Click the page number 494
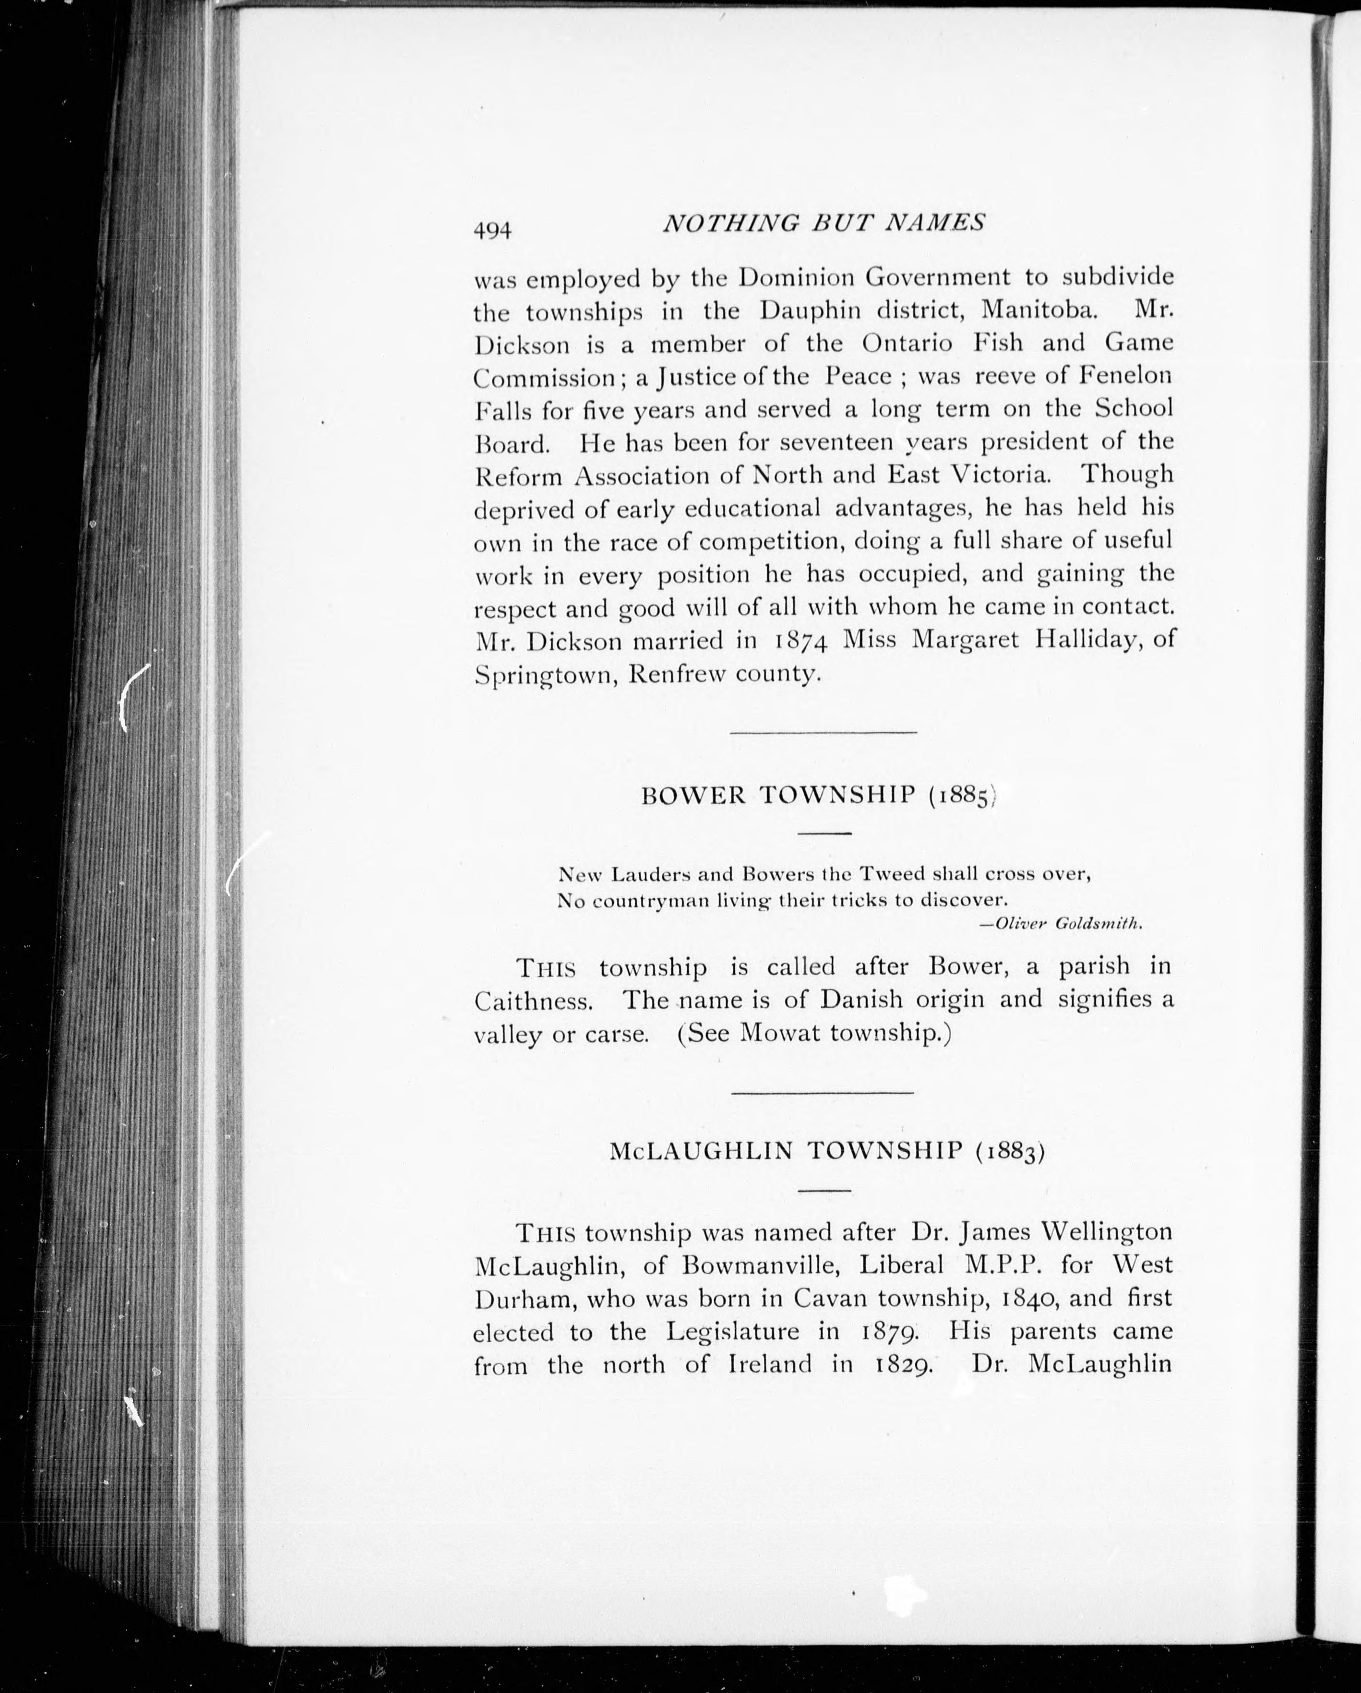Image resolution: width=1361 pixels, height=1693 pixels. coord(492,231)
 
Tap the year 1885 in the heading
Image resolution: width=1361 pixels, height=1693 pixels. coord(962,797)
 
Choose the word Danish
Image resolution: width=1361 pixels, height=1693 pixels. coord(861,1000)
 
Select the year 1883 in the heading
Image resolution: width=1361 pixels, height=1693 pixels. coord(1009,1152)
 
